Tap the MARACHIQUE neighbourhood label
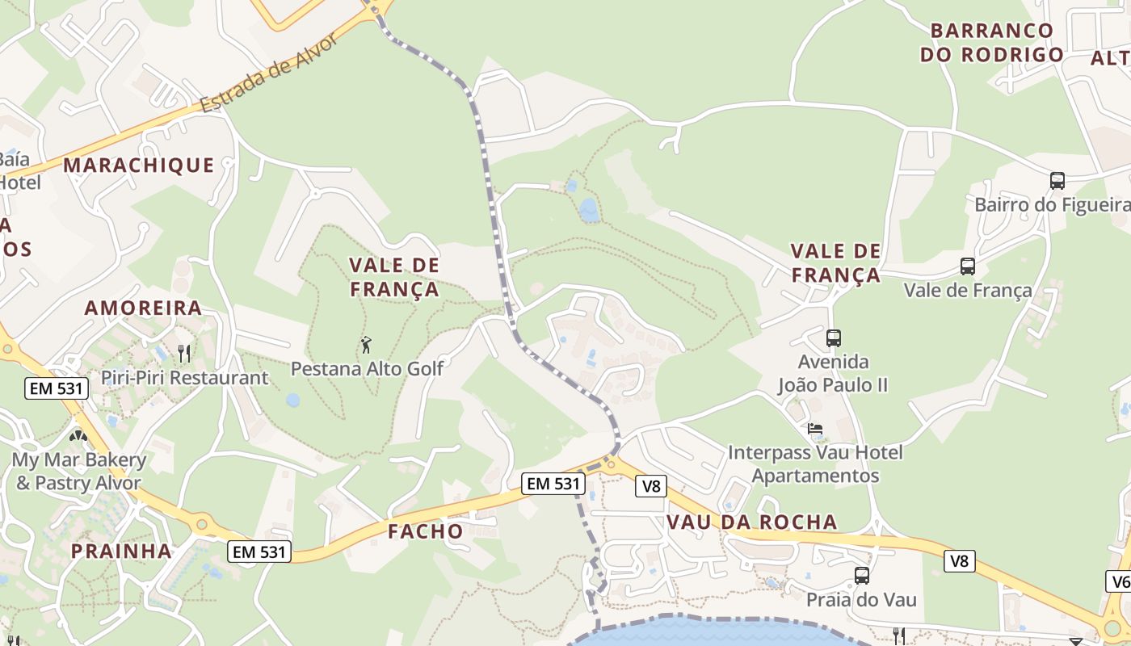(139, 166)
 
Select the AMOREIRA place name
(143, 308)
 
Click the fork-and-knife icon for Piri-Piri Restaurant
(184, 353)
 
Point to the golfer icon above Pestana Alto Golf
(366, 345)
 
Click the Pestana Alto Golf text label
(367, 369)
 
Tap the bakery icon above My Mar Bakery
(78, 436)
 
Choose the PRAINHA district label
(121, 552)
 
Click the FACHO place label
(425, 531)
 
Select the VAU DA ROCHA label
(751, 522)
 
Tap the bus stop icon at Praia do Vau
(862, 576)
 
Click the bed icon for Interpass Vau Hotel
(815, 429)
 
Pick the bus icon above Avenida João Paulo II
(834, 338)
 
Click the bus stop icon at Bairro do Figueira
(1057, 180)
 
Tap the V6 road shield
(1120, 581)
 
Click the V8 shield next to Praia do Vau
(959, 560)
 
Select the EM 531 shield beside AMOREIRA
(56, 388)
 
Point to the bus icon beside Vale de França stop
(967, 266)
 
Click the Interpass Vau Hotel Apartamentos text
(815, 464)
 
